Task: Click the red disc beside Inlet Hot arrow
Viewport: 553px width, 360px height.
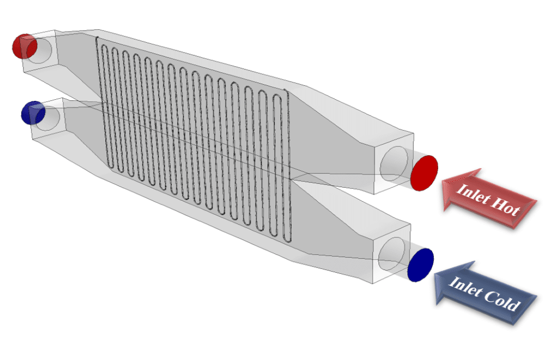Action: coord(424,172)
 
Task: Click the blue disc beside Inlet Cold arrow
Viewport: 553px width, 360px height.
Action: coord(421,265)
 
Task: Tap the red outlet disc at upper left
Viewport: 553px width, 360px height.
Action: coord(24,47)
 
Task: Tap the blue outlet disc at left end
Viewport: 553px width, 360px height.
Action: coord(32,113)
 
